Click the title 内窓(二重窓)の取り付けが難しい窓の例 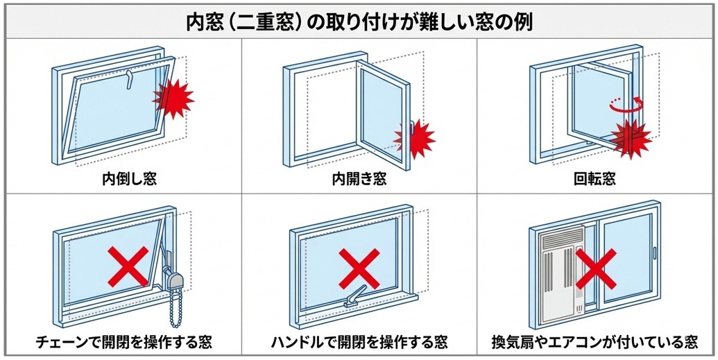click(359, 23)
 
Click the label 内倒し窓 click(130, 179)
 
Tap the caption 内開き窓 click(359, 179)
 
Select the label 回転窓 click(595, 179)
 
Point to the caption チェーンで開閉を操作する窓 click(123, 342)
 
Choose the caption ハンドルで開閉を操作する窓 click(359, 342)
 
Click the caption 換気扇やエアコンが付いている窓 click(595, 342)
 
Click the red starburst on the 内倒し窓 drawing click(173, 98)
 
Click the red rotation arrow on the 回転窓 click(626, 104)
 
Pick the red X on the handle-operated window click(359, 268)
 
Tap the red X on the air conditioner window click(596, 268)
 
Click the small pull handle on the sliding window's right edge click(655, 252)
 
